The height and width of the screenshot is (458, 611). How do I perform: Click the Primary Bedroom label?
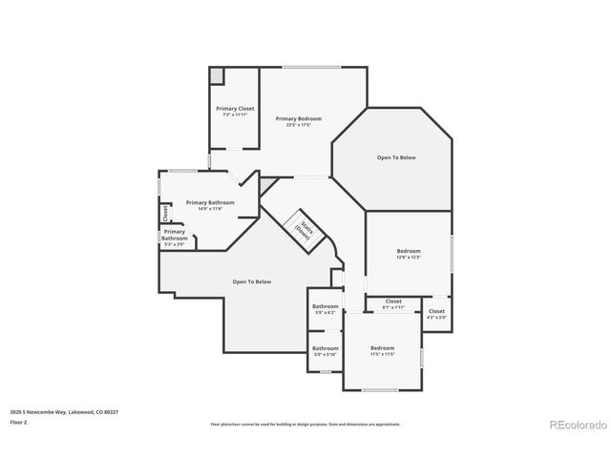[x=299, y=118]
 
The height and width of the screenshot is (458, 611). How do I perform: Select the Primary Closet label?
[x=234, y=109]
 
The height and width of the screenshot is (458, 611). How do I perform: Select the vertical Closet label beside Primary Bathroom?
[x=165, y=212]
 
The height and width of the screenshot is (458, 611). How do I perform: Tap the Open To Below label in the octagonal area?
[x=395, y=157]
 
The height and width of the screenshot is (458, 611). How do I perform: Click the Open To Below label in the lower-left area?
[x=252, y=281]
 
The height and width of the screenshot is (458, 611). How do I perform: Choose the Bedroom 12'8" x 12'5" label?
[x=409, y=253]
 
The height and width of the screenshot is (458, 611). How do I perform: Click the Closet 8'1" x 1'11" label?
[x=393, y=303]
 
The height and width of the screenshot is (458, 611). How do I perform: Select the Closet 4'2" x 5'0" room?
[x=436, y=313]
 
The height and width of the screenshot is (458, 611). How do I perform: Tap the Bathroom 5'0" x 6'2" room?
[x=325, y=308]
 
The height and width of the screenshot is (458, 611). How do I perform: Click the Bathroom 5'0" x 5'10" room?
[x=325, y=350]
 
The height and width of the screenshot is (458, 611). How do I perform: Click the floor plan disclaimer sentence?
[x=305, y=424]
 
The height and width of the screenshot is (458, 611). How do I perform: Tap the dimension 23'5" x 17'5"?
[x=299, y=124]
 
